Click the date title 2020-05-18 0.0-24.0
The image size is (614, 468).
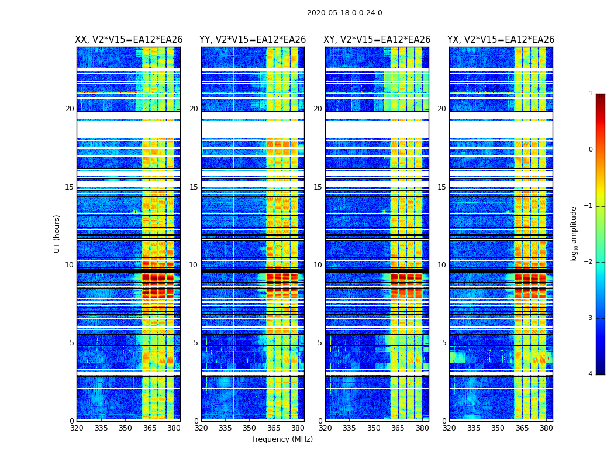pyautogui.click(x=344, y=13)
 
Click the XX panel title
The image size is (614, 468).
pyautogui.click(x=129, y=40)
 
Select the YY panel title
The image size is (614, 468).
pyautogui.click(x=253, y=40)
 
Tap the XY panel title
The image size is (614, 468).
pyautogui.click(x=377, y=40)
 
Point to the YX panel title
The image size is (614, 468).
pyautogui.click(x=501, y=40)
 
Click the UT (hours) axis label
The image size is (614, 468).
pyautogui.click(x=57, y=233)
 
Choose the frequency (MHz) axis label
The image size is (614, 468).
pyautogui.click(x=282, y=439)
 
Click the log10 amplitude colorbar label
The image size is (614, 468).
pyautogui.click(x=574, y=233)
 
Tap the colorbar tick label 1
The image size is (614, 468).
pyautogui.click(x=591, y=94)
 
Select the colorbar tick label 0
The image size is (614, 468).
pyautogui.click(x=591, y=150)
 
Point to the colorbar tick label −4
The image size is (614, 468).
pyautogui.click(x=589, y=374)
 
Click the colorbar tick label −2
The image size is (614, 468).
pyautogui.click(x=589, y=262)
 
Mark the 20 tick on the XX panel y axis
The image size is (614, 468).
pyautogui.click(x=70, y=109)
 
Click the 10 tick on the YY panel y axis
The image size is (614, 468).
pyautogui.click(x=194, y=265)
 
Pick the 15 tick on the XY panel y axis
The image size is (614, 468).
pyautogui.click(x=318, y=187)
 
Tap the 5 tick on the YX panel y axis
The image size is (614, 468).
pyautogui.click(x=444, y=343)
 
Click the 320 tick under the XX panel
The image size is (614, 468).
pyautogui.click(x=77, y=428)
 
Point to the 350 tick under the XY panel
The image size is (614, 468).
pyautogui.click(x=374, y=428)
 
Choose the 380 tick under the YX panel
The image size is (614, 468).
pyautogui.click(x=546, y=428)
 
